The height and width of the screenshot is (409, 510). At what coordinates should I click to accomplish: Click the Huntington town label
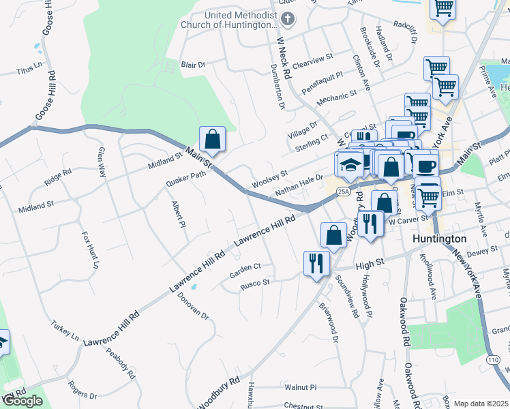[x=440, y=239]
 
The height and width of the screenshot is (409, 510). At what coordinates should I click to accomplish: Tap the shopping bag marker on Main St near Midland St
[x=213, y=139]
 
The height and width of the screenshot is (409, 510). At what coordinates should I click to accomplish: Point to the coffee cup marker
[x=426, y=166]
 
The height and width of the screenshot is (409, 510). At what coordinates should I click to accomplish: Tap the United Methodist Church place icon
[x=288, y=18]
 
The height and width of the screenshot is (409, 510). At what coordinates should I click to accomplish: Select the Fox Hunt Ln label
[x=87, y=249]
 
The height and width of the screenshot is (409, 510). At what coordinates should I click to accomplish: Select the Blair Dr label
[x=193, y=65]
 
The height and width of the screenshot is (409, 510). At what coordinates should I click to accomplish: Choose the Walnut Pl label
[x=301, y=387]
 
